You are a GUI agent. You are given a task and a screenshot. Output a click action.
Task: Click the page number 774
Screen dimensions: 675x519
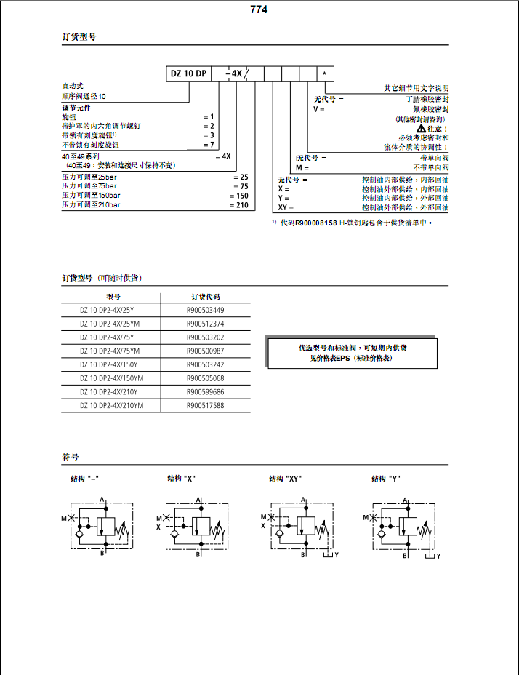coord(259,9)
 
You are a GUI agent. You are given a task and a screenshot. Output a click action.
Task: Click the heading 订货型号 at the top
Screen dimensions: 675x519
coord(79,36)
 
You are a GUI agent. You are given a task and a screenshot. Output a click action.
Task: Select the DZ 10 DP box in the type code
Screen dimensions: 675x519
coord(190,73)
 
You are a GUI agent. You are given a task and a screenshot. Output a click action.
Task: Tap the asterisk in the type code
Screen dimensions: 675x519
coord(325,74)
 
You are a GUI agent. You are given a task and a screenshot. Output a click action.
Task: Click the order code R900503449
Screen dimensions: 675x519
coord(206,311)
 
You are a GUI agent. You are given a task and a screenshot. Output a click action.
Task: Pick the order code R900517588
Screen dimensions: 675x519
coord(206,405)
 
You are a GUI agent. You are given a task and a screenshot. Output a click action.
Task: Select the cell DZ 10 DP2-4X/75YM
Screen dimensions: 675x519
coord(110,351)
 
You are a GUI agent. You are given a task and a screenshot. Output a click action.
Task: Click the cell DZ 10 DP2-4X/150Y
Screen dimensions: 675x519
coord(108,364)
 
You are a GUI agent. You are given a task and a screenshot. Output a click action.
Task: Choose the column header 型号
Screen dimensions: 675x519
coord(113,297)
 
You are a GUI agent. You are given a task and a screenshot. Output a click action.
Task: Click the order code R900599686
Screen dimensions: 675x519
coord(206,391)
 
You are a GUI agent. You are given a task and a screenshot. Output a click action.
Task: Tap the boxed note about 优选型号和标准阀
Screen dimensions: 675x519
coord(353,353)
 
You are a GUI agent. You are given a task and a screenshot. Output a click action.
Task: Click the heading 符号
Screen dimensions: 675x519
coord(71,458)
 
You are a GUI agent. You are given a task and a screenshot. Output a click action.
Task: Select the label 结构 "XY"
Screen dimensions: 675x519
coord(286,479)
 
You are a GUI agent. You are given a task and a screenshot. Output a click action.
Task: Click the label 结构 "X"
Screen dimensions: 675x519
coord(182,479)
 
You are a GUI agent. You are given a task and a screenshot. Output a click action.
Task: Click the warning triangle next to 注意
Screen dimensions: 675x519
coord(421,128)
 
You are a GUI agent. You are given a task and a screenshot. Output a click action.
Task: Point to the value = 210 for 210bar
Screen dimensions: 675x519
coord(239,206)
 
